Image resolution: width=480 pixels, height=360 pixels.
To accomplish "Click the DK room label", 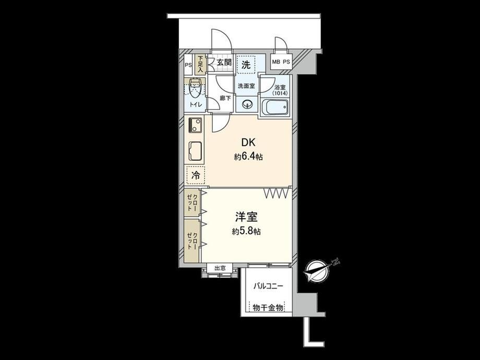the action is tap(248, 142).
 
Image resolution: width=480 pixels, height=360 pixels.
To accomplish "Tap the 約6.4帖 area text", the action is tap(248, 157).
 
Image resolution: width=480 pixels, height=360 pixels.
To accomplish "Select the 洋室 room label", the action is tap(246, 217).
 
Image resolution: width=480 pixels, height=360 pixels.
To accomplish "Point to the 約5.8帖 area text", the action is tap(246, 232).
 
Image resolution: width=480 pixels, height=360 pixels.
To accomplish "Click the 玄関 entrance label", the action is tap(224, 63).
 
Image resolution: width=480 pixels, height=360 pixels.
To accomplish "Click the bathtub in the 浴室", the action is tap(274, 108).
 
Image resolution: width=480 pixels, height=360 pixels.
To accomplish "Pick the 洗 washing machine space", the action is tap(246, 64).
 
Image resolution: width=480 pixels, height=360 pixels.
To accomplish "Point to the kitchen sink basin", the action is tap(195, 151).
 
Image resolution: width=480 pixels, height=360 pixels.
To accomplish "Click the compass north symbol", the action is tap(317, 270).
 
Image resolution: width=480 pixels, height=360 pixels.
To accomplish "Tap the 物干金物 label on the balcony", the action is tap(268, 308).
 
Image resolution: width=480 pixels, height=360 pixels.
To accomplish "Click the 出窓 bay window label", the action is tap(220, 268).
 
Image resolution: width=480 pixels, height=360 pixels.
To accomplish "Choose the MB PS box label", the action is tap(281, 62).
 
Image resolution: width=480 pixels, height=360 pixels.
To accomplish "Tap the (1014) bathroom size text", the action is tap(280, 93).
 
